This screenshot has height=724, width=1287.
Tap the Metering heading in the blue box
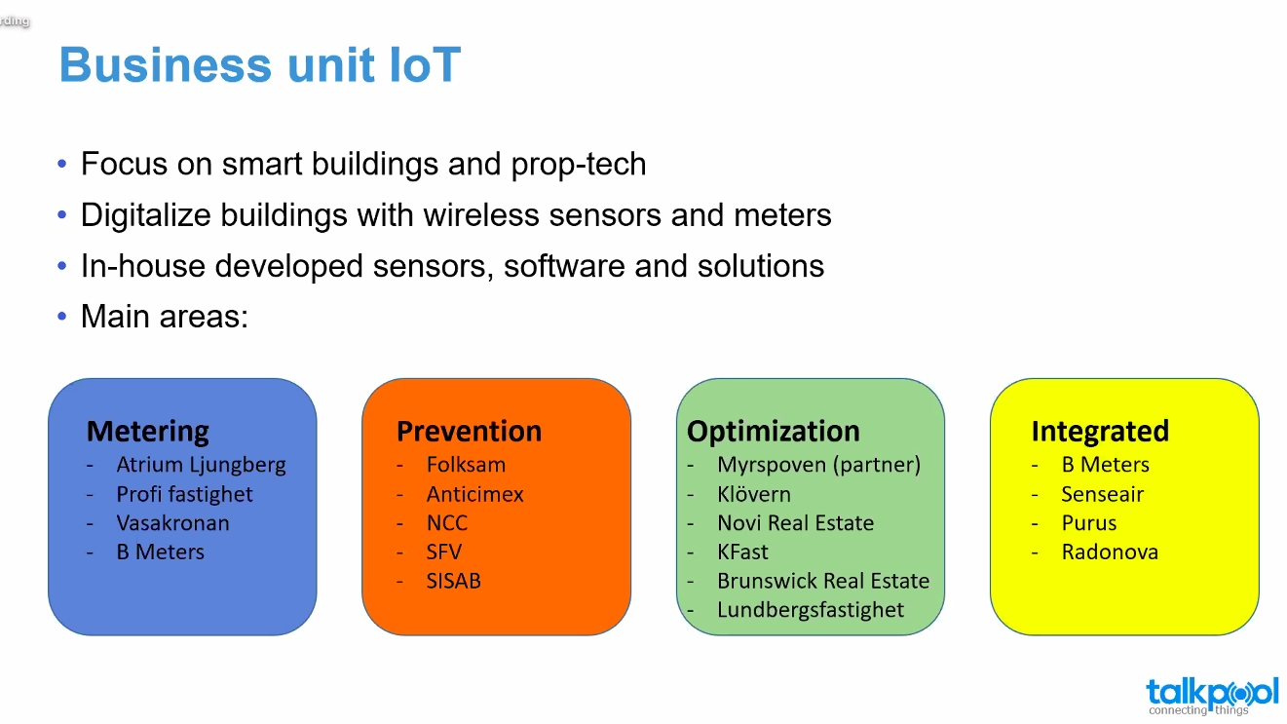(x=148, y=432)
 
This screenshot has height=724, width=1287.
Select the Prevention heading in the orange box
(x=469, y=431)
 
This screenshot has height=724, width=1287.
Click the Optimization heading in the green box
(x=773, y=432)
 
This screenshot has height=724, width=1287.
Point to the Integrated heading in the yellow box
(x=1100, y=432)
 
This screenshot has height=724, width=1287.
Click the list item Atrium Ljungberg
(x=201, y=465)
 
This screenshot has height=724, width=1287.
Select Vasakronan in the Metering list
(x=173, y=523)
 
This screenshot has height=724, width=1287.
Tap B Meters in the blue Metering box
(x=161, y=552)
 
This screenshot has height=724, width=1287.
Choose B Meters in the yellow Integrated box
(x=1106, y=464)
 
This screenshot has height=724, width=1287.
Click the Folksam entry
(x=466, y=464)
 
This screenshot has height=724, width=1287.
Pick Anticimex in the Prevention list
(x=475, y=494)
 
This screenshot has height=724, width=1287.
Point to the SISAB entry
(x=453, y=581)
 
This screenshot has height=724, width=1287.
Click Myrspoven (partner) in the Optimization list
(x=818, y=465)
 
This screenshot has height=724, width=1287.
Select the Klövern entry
(x=754, y=494)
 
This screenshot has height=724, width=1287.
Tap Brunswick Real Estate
(x=823, y=581)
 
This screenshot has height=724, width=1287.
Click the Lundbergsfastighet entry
(x=811, y=610)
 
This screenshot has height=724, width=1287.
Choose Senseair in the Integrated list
(x=1103, y=494)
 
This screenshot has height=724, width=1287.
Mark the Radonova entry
(x=1110, y=552)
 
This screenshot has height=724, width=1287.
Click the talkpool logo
(x=1212, y=697)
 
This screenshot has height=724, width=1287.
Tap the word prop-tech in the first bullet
(x=579, y=165)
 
